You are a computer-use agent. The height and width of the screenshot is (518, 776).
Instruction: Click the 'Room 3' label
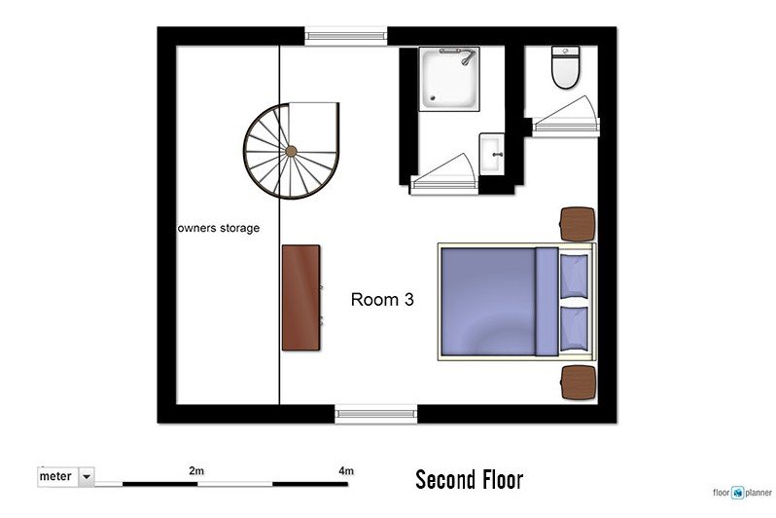(x=382, y=299)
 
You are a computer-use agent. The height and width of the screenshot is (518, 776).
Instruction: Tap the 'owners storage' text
(x=219, y=228)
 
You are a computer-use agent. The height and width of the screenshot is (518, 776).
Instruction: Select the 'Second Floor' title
(x=469, y=480)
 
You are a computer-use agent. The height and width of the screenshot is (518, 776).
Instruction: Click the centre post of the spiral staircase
(x=291, y=151)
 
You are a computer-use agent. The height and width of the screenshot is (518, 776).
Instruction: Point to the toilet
(x=565, y=67)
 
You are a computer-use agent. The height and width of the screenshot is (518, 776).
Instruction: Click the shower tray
(x=449, y=79)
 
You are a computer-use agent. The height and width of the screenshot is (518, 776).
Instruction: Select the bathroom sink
(x=491, y=154)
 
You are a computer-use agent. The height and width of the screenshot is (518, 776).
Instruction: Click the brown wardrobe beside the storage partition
(x=300, y=298)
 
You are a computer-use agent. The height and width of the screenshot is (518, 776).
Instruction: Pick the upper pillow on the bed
(x=574, y=277)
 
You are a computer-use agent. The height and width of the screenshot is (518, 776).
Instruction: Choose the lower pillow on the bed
(x=574, y=329)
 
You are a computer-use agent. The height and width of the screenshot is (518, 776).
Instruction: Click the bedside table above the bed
(x=577, y=224)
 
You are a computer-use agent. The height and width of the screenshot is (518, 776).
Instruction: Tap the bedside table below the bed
(x=578, y=383)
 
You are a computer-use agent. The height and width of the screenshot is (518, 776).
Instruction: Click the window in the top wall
(x=345, y=36)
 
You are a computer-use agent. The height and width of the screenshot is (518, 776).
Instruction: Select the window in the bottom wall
(x=376, y=414)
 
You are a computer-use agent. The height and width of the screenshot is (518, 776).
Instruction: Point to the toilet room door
(x=565, y=117)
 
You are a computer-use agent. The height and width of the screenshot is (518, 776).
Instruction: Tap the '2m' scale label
(x=196, y=470)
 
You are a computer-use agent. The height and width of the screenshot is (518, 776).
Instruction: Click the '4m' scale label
(x=346, y=470)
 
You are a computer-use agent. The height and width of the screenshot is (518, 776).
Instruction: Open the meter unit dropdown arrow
(x=87, y=477)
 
